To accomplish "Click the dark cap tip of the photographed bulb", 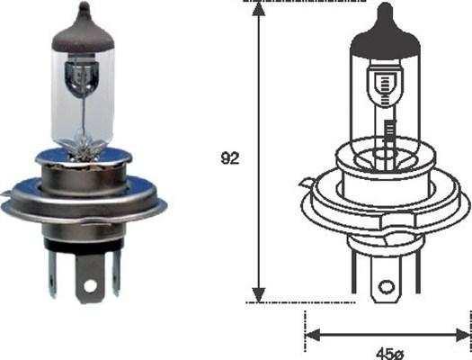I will point(82,27).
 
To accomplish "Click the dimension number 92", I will point(230,159).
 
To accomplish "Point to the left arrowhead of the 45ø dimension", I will point(313,334).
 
